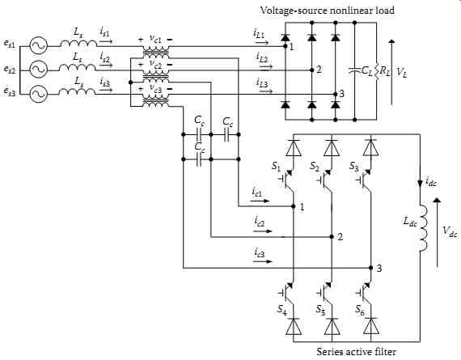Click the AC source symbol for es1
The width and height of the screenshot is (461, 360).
[39, 45]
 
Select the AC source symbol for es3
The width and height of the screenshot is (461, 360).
[39, 94]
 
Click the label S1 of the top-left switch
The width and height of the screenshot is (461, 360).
[276, 167]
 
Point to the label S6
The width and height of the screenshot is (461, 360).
[360, 309]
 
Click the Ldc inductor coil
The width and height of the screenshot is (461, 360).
[422, 228]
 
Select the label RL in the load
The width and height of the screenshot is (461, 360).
[384, 72]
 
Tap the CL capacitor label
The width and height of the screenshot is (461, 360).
[366, 71]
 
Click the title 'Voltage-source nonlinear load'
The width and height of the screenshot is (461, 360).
[328, 11]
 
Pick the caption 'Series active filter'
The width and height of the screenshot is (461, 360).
[357, 352]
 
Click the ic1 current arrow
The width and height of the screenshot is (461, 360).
[260, 201]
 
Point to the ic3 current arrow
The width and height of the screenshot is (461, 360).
[264, 260]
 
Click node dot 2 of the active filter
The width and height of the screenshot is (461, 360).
[332, 237]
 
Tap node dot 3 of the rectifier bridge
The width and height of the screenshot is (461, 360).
[335, 94]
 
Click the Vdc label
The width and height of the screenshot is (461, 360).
[450, 232]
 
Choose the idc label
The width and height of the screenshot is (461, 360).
[431, 181]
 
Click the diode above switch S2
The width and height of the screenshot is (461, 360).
[332, 148]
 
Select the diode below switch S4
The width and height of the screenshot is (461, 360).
[294, 326]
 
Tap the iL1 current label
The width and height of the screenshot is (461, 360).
[259, 33]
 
